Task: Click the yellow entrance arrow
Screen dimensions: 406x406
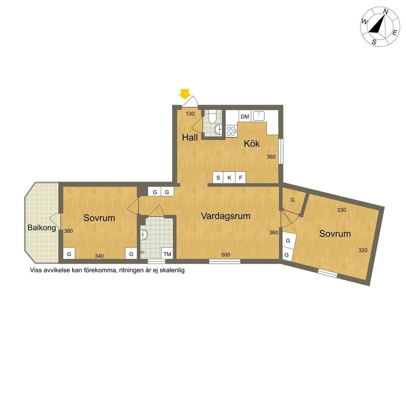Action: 185,94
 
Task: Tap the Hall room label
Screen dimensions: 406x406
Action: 190,138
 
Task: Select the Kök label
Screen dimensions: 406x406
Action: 252,144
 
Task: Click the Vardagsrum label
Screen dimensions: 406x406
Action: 226,216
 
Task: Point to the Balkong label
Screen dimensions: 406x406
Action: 42,228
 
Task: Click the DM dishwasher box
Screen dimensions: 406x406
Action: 245,117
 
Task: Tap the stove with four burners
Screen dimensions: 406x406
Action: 231,131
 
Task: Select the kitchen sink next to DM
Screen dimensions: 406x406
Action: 259,116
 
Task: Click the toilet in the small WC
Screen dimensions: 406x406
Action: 213,117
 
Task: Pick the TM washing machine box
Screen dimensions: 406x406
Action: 167,254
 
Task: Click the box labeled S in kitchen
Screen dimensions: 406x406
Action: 218,178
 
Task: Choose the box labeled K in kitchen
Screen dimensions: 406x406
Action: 229,178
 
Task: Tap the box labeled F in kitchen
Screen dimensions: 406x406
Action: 241,178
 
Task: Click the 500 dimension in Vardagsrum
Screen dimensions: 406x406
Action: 226,255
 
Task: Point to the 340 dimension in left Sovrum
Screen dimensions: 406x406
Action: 99,256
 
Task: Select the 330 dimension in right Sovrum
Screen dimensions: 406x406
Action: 341,210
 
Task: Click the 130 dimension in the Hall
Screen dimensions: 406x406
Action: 190,114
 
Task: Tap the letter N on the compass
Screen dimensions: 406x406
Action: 385,11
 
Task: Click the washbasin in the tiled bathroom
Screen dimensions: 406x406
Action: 144,235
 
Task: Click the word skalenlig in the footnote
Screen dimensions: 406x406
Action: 172,270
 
